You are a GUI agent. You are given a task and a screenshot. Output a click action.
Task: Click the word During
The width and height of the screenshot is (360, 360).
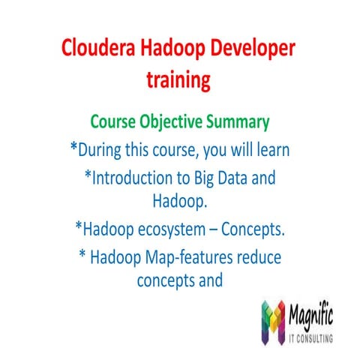coord(104,149)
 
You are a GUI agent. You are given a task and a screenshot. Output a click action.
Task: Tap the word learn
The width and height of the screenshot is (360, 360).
coord(271,149)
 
